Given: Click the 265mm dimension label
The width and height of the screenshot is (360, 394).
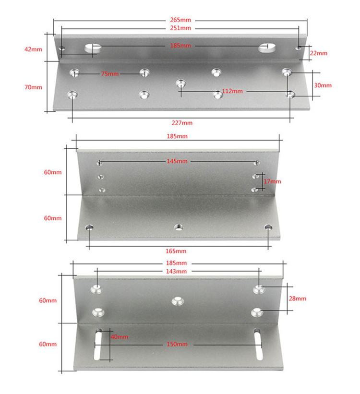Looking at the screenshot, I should (x=180, y=20).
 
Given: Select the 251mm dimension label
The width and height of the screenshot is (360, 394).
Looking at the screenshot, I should (x=180, y=28).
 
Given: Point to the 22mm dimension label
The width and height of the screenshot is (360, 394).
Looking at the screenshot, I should (x=319, y=53).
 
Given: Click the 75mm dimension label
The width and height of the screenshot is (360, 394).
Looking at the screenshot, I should (x=109, y=74).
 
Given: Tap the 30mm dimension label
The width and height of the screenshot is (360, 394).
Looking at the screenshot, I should (x=323, y=85).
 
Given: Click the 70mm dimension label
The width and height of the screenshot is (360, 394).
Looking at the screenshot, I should (x=33, y=87).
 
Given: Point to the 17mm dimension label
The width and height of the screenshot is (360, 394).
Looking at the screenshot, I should (x=272, y=181).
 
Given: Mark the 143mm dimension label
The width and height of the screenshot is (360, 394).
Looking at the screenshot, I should (x=178, y=271).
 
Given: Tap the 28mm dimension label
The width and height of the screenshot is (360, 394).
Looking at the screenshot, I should (x=297, y=298).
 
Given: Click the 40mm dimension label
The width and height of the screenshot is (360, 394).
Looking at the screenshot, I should (x=120, y=336).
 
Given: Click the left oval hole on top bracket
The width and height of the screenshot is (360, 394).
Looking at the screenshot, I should (x=93, y=48).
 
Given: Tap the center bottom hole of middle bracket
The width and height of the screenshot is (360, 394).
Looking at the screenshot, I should (x=179, y=226).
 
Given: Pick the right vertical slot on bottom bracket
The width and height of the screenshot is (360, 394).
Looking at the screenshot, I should (x=257, y=344).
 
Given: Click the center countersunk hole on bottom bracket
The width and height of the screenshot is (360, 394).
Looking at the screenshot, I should (x=178, y=301).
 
